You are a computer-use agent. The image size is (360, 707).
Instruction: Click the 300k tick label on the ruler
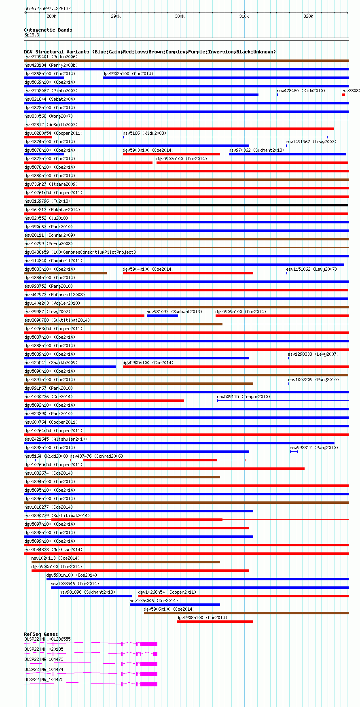(x=180, y=16)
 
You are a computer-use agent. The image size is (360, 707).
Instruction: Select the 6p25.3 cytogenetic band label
(x=32, y=35)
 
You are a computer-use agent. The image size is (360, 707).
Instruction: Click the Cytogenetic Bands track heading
(x=48, y=30)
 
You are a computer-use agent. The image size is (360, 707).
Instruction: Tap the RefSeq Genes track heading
(x=41, y=634)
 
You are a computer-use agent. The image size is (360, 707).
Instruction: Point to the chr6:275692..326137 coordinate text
(x=47, y=8)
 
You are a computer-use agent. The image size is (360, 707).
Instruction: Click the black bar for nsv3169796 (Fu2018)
(x=186, y=205)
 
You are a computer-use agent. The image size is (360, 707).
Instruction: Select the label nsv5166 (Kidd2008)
(x=144, y=133)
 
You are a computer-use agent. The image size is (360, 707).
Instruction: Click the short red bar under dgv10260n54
(x=38, y=137)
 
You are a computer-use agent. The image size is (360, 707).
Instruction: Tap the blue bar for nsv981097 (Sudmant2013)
(x=162, y=316)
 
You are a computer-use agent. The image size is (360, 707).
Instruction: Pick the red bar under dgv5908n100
(x=215, y=622)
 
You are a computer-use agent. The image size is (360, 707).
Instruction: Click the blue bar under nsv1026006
(x=175, y=605)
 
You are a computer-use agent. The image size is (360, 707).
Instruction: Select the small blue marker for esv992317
(x=294, y=452)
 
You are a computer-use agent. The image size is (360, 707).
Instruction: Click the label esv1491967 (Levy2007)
(x=311, y=142)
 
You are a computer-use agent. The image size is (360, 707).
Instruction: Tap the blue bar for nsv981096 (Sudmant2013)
(x=95, y=596)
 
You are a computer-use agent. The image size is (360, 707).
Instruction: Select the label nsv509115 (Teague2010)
(x=244, y=397)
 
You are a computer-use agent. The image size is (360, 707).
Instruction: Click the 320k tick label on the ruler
(x=308, y=16)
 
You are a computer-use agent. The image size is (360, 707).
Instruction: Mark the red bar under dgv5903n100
(x=172, y=154)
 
